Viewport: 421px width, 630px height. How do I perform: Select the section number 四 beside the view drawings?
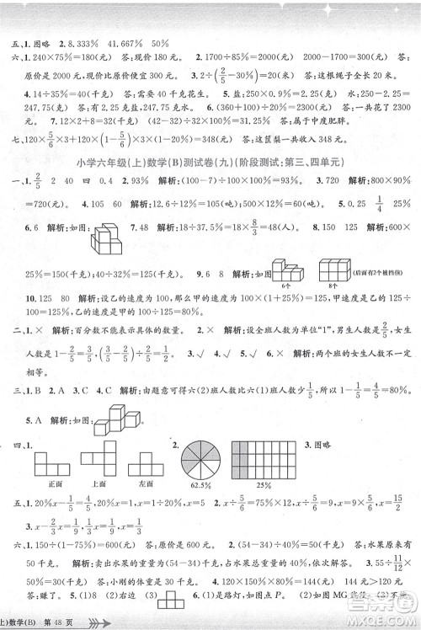[10, 441]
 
